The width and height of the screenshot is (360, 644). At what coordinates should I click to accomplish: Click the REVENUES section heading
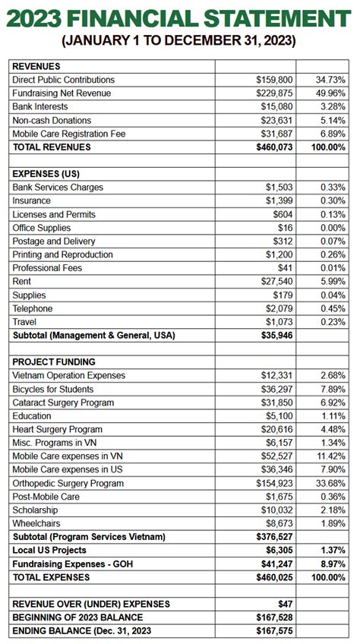36,67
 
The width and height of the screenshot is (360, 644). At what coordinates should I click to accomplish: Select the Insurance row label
31,201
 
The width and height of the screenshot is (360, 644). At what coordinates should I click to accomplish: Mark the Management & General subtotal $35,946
274,335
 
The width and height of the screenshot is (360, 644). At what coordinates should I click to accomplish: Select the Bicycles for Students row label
55,390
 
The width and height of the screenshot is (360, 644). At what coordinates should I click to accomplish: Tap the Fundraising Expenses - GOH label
71,564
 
